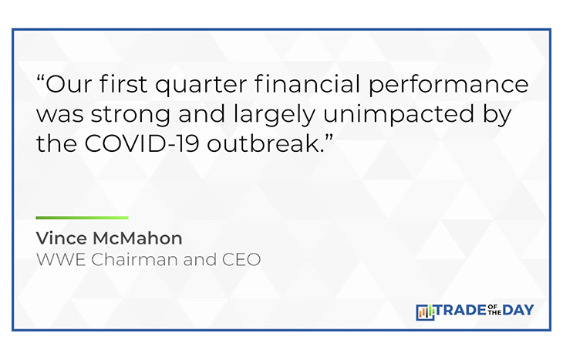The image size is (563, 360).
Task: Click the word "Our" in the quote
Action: tap(69, 83)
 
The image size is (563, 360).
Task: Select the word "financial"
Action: tap(308, 83)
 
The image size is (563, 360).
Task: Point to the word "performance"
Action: tap(448, 86)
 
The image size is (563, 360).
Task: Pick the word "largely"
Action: tap(274, 116)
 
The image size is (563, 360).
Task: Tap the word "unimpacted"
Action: tap(399, 116)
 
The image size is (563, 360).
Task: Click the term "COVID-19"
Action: tap(142, 143)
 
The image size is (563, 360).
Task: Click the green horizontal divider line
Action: tap(83, 217)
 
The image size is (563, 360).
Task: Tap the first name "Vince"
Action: tap(62, 238)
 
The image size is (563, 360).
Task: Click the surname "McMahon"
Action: tap(137, 238)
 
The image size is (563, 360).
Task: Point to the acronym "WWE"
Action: tap(61, 260)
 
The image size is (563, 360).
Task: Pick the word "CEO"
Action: tap(241, 260)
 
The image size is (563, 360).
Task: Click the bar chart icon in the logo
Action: tap(425, 312)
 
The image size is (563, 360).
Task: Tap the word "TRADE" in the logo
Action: tap(461, 310)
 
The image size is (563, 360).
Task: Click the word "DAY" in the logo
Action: tap(518, 310)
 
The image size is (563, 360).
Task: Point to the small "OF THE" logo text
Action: tap(495, 310)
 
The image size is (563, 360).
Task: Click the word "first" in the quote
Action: tap(123, 83)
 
